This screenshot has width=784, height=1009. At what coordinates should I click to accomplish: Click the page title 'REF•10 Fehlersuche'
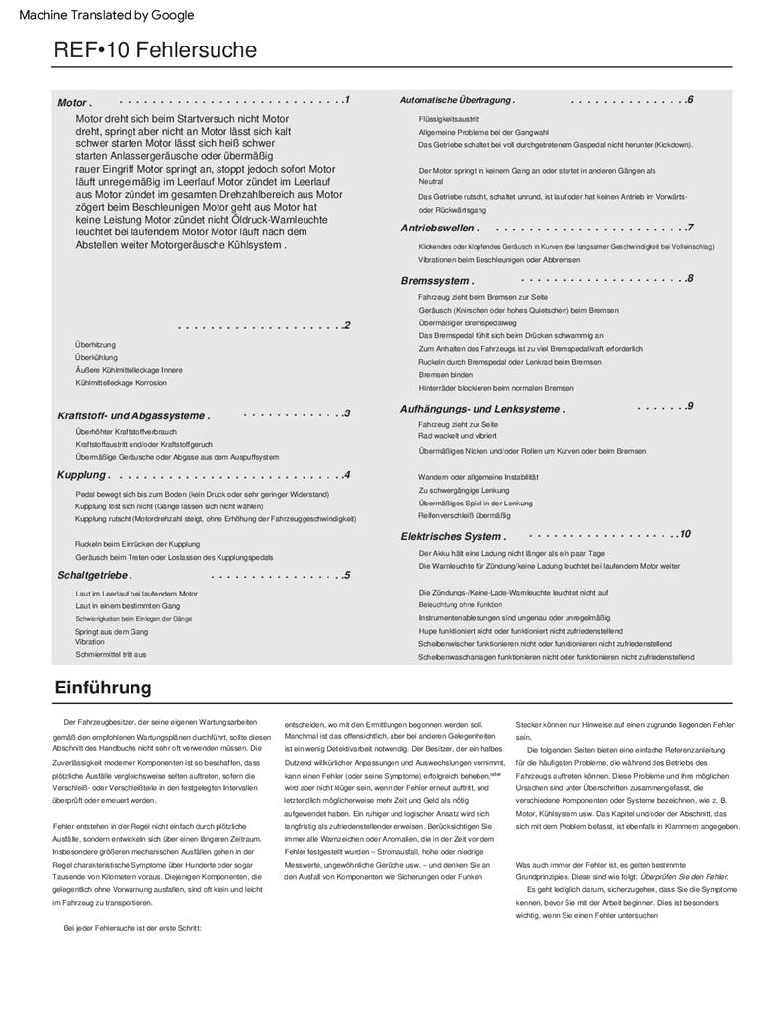(x=155, y=50)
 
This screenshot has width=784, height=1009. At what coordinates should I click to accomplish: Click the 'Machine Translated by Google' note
(x=107, y=15)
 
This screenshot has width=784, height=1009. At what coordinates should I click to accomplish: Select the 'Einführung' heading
(x=103, y=688)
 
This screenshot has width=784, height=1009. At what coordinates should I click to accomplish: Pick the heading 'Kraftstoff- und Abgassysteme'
(x=133, y=416)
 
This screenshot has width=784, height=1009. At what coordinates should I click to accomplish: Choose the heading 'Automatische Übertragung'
(x=457, y=101)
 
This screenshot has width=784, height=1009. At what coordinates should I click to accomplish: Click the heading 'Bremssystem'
(x=436, y=281)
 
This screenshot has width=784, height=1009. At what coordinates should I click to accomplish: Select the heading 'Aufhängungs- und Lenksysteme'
(x=482, y=409)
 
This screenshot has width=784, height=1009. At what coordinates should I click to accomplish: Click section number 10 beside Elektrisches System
(x=685, y=534)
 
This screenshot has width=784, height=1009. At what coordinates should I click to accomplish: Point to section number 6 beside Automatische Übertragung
(x=690, y=100)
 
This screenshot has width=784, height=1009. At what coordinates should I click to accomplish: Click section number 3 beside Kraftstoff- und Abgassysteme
(x=347, y=413)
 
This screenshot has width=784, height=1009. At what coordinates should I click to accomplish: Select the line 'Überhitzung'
(x=95, y=345)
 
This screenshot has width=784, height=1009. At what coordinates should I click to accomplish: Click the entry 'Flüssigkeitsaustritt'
(x=449, y=119)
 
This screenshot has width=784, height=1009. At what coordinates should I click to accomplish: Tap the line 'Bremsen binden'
(x=445, y=375)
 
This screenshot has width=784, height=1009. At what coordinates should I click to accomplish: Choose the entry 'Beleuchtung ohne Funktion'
(x=460, y=604)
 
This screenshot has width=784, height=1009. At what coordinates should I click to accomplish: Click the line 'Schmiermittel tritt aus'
(x=111, y=654)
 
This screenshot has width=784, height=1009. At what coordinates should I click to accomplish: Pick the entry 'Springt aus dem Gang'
(x=112, y=631)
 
